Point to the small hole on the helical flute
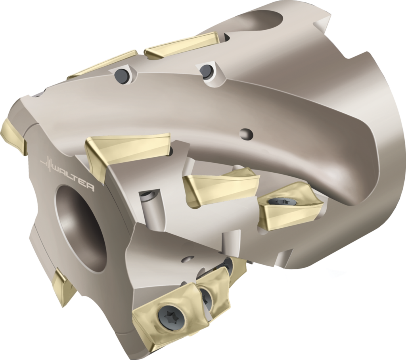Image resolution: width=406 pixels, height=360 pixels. [246, 133]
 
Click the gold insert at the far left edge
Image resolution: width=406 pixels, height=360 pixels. [15, 135]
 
